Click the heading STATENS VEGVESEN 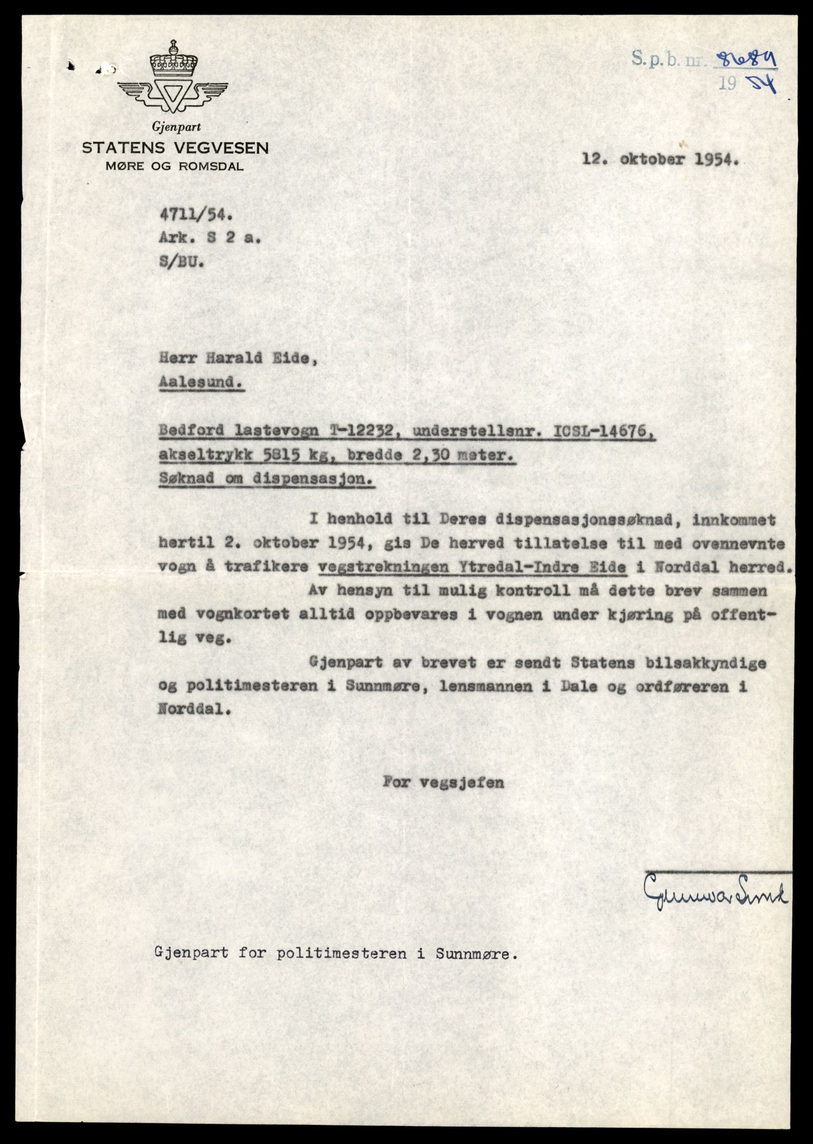click(175, 148)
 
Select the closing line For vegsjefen click(443, 783)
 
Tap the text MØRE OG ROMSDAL click(175, 167)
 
